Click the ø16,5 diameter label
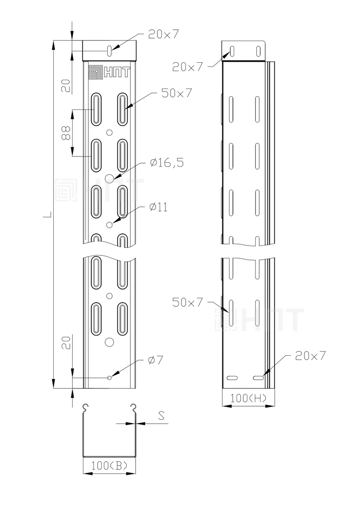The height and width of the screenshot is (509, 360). point(167,162)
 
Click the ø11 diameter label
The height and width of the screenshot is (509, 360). point(159,207)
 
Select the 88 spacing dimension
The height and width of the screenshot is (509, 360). point(65,133)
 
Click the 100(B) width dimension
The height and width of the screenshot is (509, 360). point(109,466)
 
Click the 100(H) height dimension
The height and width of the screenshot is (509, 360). point(248,398)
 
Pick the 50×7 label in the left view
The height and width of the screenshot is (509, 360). point(177,93)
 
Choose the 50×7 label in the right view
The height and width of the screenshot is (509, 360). point(188,302)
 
